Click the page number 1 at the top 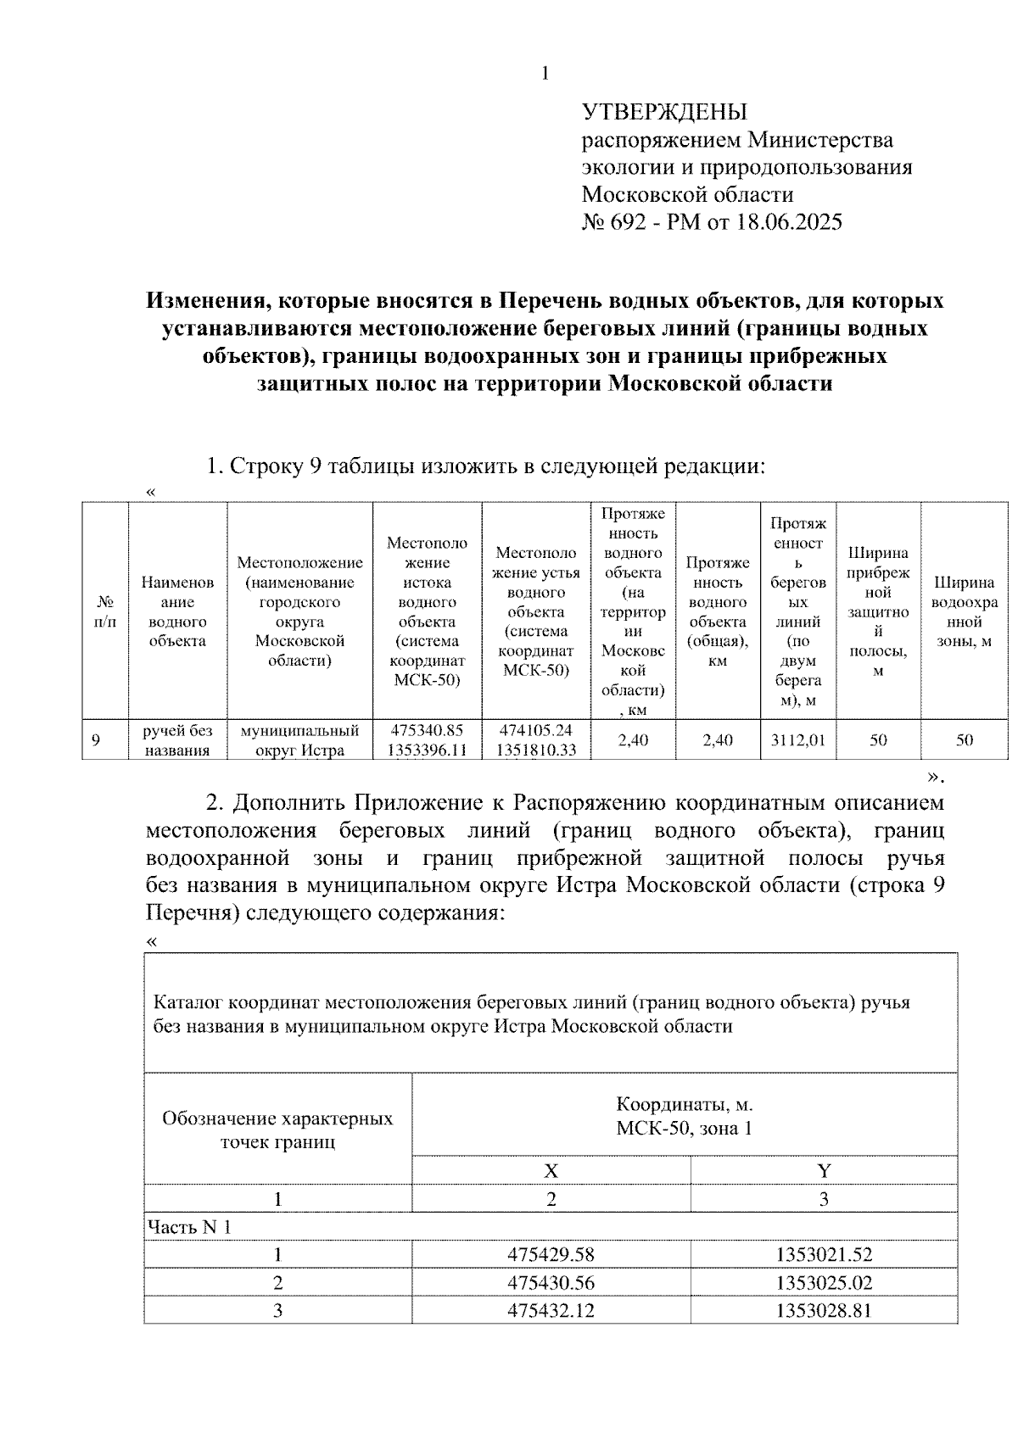tap(545, 74)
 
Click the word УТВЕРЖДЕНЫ tap(664, 112)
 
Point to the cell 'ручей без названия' tap(177, 740)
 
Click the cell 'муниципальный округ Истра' tap(299, 740)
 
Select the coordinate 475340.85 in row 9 tap(427, 731)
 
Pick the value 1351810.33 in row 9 tap(536, 750)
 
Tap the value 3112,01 tap(797, 740)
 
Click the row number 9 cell tap(96, 740)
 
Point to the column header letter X tap(551, 1171)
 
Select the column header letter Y tap(824, 1171)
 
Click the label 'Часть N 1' tap(189, 1227)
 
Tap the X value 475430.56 tap(551, 1282)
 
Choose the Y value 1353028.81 tap(824, 1310)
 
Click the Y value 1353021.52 tap(824, 1254)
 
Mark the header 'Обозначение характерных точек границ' tap(277, 1129)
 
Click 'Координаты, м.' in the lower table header tap(684, 1105)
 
